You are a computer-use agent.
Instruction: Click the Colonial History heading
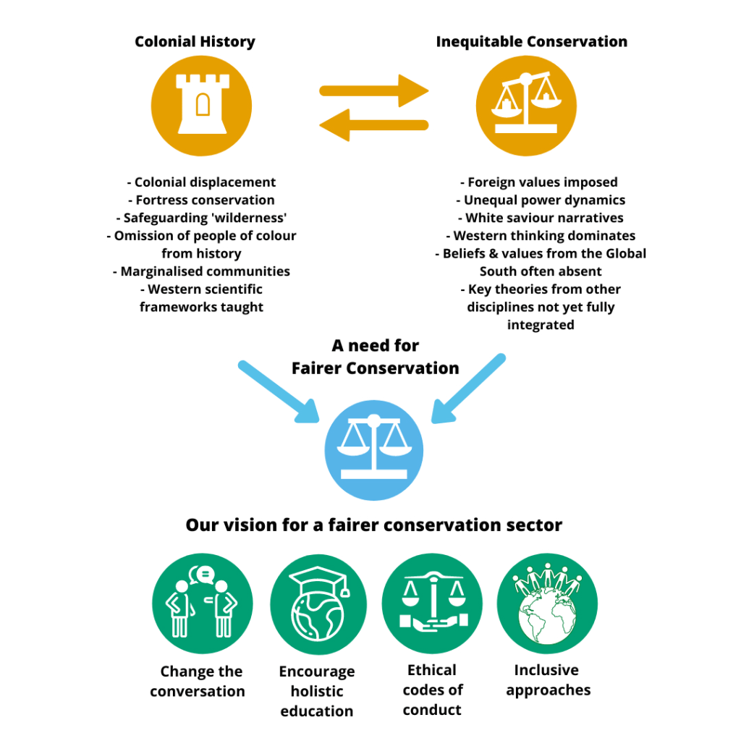coord(195,42)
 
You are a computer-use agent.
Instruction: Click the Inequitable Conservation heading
coord(531,42)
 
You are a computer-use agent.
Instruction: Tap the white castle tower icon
coord(202,105)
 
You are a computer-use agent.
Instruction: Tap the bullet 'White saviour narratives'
coord(540,218)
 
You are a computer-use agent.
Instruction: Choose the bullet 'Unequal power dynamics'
coord(540,200)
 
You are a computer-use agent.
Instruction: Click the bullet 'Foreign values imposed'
coord(540,182)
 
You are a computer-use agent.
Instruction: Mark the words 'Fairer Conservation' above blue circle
coord(375,368)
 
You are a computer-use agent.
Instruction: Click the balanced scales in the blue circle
coord(374,450)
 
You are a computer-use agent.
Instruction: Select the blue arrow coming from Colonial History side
coord(279,391)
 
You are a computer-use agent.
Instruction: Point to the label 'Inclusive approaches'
coord(548,680)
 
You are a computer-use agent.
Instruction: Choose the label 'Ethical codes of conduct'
coord(432,690)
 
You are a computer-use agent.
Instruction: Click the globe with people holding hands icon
coord(548,604)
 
